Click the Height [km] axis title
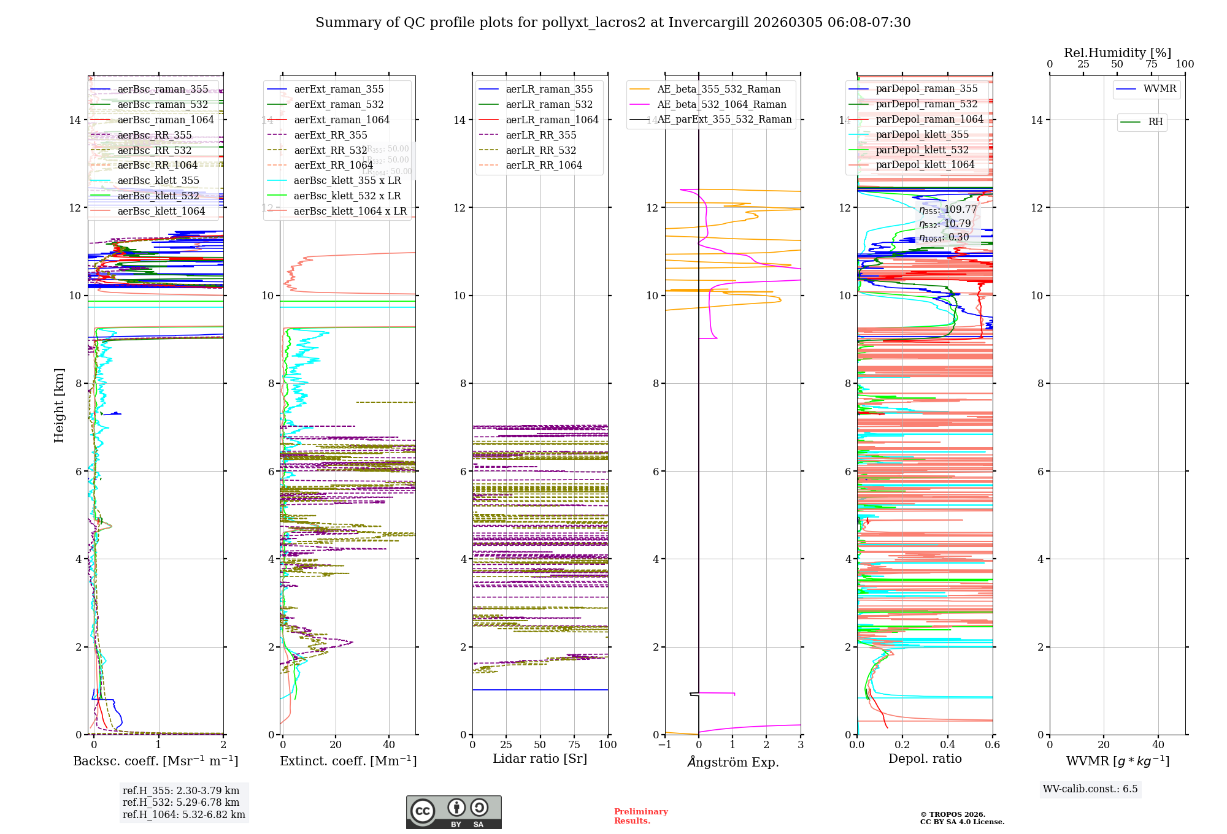[x=59, y=405]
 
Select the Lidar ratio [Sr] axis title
[x=540, y=759]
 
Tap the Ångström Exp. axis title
[x=733, y=762]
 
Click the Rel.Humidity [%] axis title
[x=1117, y=53]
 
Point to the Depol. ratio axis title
[x=925, y=759]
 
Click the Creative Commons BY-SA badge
[x=453, y=812]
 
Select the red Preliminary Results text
[x=640, y=816]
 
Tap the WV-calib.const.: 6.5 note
[x=1090, y=789]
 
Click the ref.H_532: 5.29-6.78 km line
[x=181, y=802]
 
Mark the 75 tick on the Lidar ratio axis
[x=574, y=744]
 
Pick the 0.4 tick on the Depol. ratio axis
[x=947, y=744]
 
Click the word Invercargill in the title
[x=709, y=23]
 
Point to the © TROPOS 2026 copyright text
[x=953, y=814]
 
